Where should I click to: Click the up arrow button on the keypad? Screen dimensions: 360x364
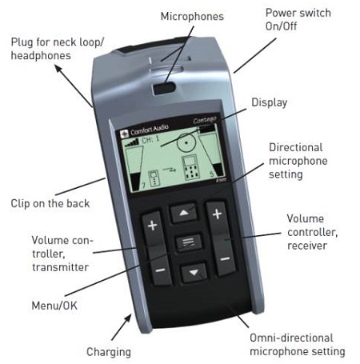point(183,213)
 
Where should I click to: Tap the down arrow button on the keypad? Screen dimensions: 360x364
point(194,272)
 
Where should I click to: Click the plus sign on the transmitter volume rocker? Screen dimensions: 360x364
point(153,226)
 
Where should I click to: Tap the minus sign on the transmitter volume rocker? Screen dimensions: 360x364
point(160,270)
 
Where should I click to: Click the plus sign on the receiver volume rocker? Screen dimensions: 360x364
point(217,214)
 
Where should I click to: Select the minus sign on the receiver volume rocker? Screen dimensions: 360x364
point(226,258)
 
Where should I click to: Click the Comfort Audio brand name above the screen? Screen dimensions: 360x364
point(149,130)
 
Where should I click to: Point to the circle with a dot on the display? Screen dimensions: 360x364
point(186,142)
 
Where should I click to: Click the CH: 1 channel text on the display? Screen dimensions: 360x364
point(150,139)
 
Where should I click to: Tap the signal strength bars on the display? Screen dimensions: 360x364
point(132,142)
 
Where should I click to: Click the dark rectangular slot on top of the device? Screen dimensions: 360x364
point(164,89)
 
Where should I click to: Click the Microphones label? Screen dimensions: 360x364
point(192,17)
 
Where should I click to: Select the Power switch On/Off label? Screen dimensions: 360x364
point(298,19)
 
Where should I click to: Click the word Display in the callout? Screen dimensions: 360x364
point(270,102)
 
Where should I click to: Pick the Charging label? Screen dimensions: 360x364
point(109,352)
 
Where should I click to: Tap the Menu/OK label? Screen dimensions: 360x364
point(54,306)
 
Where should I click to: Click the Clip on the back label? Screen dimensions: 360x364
point(50,203)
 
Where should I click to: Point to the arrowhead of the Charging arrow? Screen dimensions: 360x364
point(129,318)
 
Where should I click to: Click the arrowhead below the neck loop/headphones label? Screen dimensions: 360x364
point(58,68)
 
